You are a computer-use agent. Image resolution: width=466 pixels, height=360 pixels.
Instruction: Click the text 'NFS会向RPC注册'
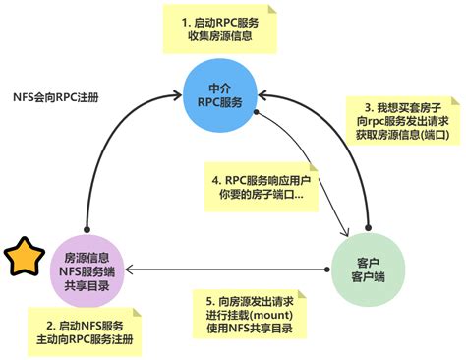point(56,99)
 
